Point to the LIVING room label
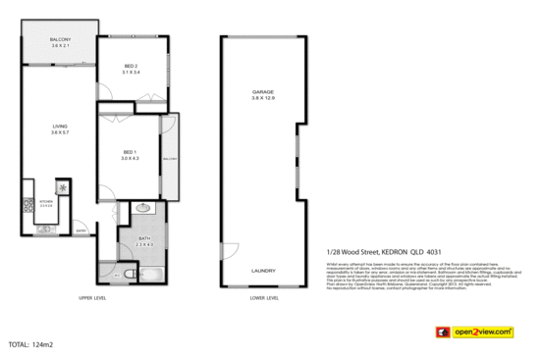(59, 128)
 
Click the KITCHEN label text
(45, 200)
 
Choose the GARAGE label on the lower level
(262, 92)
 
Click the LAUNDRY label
(263, 271)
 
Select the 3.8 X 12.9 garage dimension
(262, 99)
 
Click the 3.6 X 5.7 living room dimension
(59, 134)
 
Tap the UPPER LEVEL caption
(91, 297)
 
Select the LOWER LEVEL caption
(264, 297)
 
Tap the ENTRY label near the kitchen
(82, 231)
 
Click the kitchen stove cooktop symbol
(28, 205)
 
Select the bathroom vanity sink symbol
(141, 208)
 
